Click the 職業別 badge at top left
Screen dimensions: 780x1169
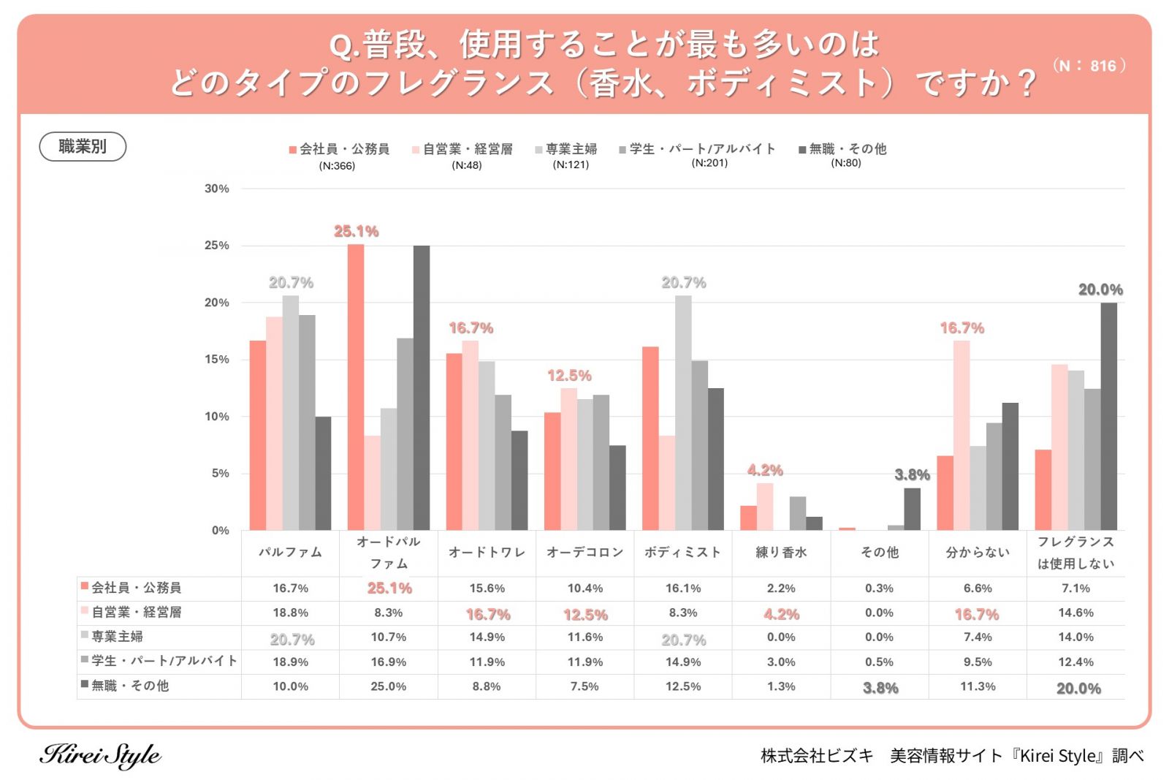click(x=83, y=146)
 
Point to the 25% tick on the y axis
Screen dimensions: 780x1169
click(x=216, y=246)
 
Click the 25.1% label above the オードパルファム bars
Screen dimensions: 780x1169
click(x=356, y=232)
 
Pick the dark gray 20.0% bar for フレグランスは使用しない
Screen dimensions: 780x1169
click(x=1108, y=417)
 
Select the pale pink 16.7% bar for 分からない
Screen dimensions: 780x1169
click(x=962, y=436)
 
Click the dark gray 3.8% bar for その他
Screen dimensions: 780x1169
click(x=912, y=509)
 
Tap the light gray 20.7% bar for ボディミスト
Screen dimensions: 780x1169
click(x=683, y=413)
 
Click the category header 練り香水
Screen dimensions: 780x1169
click(x=781, y=553)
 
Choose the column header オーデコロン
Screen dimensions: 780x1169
click(x=584, y=553)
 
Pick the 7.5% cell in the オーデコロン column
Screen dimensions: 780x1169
click(x=584, y=686)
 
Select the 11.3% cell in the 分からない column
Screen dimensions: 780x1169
click(x=978, y=686)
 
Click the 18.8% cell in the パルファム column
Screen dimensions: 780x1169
click(x=290, y=613)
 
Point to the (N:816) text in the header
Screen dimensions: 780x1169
click(x=1089, y=66)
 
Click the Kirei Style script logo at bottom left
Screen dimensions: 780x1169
click(x=100, y=755)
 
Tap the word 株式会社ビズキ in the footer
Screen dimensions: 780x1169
click(x=816, y=756)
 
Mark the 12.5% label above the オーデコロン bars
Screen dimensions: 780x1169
click(x=569, y=376)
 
